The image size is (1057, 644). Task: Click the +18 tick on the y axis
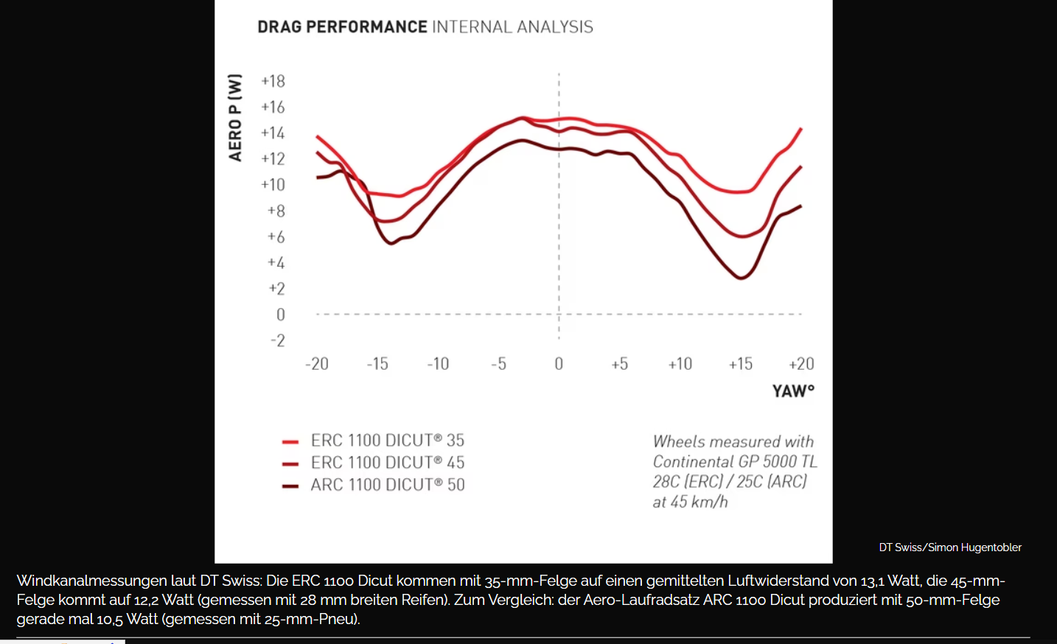pyautogui.click(x=273, y=81)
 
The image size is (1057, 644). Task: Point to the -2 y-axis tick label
pyautogui.click(x=277, y=340)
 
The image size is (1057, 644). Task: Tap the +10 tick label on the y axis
pyautogui.click(x=273, y=185)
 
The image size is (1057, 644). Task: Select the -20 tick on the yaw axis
pyautogui.click(x=317, y=364)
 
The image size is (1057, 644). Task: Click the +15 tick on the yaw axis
pyautogui.click(x=741, y=364)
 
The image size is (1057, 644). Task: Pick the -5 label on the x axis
pyautogui.click(x=499, y=364)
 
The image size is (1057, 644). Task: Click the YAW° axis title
pyautogui.click(x=793, y=391)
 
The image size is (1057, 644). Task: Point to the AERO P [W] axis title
pyautogui.click(x=235, y=117)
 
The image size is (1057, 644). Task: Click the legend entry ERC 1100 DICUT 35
pyautogui.click(x=387, y=441)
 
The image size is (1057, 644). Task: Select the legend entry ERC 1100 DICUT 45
pyautogui.click(x=387, y=463)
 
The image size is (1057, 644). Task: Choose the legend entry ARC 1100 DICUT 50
pyautogui.click(x=387, y=485)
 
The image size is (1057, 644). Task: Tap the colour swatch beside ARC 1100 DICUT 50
pyautogui.click(x=290, y=486)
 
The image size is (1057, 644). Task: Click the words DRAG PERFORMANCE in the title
pyautogui.click(x=342, y=27)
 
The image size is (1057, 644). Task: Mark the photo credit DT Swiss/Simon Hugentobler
pyautogui.click(x=950, y=547)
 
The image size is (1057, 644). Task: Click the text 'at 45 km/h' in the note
pyautogui.click(x=690, y=502)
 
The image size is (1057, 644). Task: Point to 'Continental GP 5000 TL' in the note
pyautogui.click(x=735, y=462)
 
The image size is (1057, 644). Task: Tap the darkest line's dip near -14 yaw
pyautogui.click(x=391, y=243)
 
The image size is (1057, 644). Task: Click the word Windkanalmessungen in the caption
pyautogui.click(x=91, y=581)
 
